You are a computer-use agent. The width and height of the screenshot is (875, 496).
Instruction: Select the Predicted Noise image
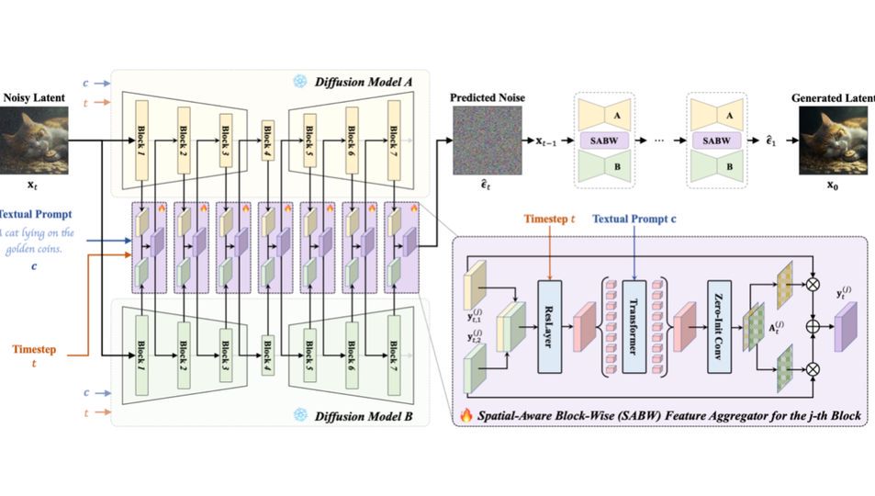[x=486, y=141]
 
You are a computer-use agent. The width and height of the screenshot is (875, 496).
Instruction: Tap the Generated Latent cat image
[x=832, y=141]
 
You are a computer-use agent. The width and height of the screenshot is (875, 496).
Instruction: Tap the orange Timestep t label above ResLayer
[x=548, y=220]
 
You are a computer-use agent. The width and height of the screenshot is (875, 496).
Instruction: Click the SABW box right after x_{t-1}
[x=602, y=141]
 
